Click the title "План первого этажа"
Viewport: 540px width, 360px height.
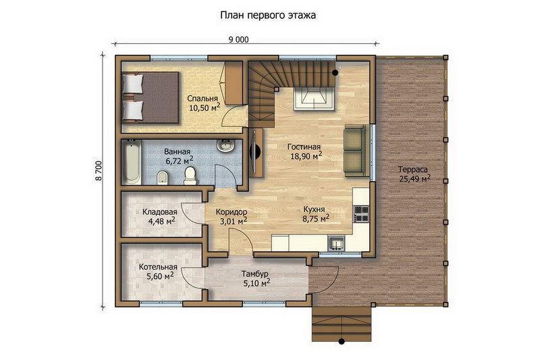(268, 16)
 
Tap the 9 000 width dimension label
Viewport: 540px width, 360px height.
(238, 40)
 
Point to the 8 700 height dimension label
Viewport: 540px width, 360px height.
(99, 170)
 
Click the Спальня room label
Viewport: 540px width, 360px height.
(202, 99)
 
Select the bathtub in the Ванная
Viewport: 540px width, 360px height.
(132, 162)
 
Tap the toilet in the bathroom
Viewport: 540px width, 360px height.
(190, 176)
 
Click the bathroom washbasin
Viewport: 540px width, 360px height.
(226, 145)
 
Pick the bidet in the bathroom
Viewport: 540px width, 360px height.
(162, 178)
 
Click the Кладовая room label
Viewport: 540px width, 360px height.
(160, 212)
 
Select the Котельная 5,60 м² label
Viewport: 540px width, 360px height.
(158, 272)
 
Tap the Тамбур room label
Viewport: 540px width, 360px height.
(254, 274)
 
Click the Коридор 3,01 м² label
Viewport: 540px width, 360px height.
(232, 216)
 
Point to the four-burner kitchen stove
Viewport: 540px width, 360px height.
(361, 213)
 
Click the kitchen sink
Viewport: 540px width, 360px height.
(335, 244)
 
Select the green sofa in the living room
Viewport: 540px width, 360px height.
(355, 151)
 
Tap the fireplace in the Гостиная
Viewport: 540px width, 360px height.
(314, 99)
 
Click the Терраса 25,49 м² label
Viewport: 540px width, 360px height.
(415, 174)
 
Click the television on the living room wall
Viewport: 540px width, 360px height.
(255, 153)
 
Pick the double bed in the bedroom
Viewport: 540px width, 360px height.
(150, 97)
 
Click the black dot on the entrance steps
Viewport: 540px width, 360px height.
(342, 342)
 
